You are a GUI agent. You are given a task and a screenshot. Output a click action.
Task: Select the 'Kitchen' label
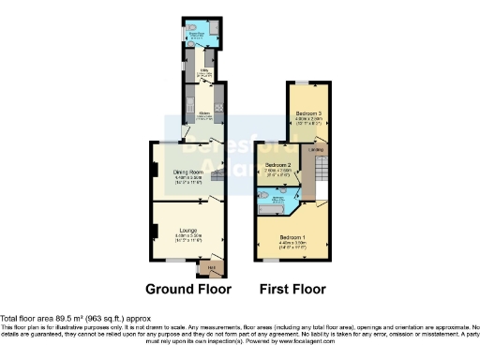point(202,112)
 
